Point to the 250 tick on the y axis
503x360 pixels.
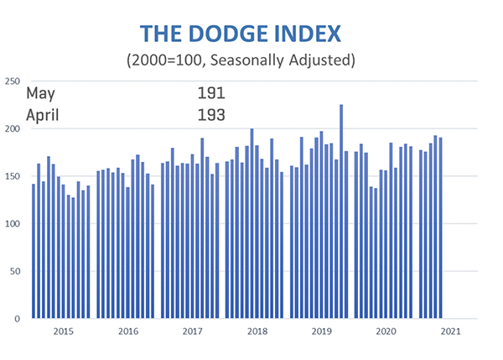coord(13,81)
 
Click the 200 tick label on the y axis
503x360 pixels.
coord(13,129)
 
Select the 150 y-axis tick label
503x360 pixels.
coord(13,177)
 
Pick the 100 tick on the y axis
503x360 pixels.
coord(13,224)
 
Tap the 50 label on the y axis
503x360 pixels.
coord(15,272)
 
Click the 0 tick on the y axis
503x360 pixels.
coord(18,320)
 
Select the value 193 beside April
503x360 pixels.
coord(211,115)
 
